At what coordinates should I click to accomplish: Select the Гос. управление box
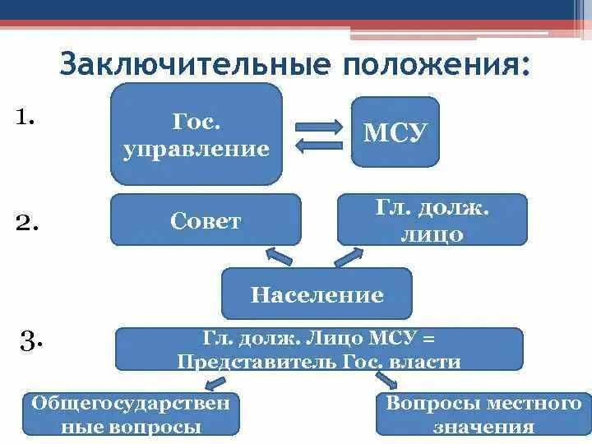(x=197, y=134)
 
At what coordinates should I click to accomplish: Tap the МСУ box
(x=395, y=132)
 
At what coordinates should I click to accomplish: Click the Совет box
(x=206, y=220)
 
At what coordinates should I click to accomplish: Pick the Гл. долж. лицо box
(x=432, y=220)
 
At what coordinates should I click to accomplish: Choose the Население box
(x=317, y=294)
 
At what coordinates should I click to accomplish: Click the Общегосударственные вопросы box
(x=131, y=414)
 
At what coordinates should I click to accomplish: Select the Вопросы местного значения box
(x=483, y=414)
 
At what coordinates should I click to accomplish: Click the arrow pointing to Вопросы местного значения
(x=386, y=379)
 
